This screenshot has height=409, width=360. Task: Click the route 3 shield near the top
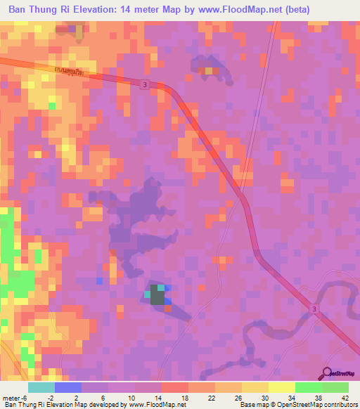pos(144,85)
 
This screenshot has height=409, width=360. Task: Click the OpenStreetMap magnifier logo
pos(327,373)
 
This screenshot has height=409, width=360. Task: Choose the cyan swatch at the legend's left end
pos(41,387)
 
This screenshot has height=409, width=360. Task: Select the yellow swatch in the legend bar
pos(282,387)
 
